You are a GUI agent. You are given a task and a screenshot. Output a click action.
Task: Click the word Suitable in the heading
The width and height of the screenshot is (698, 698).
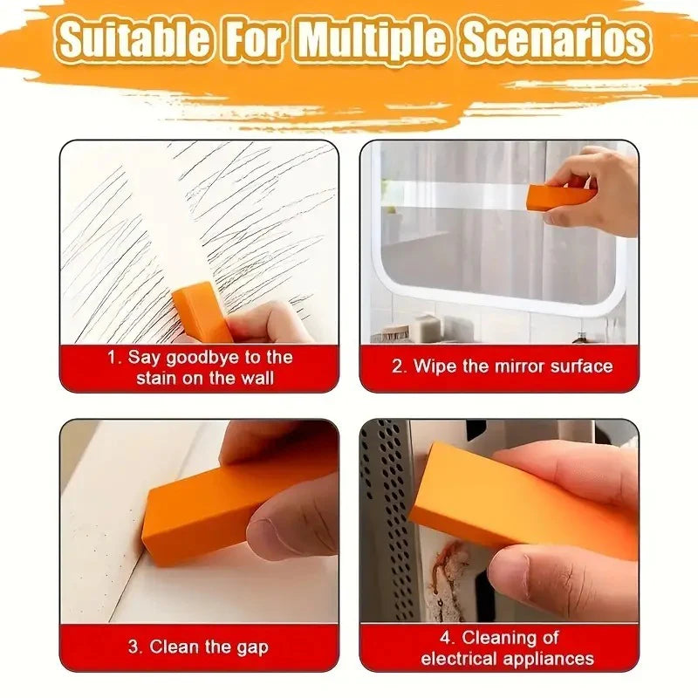[133, 39]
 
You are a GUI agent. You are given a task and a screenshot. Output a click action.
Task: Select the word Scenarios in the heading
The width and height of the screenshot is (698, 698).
[556, 39]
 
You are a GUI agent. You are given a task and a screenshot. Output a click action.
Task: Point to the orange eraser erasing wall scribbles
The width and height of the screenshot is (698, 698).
[202, 311]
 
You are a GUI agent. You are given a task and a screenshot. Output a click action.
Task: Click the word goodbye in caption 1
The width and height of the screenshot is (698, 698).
[202, 357]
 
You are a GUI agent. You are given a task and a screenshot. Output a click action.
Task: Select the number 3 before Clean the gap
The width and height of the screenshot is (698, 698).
[133, 647]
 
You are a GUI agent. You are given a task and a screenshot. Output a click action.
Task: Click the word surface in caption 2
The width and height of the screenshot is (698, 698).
[580, 366]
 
